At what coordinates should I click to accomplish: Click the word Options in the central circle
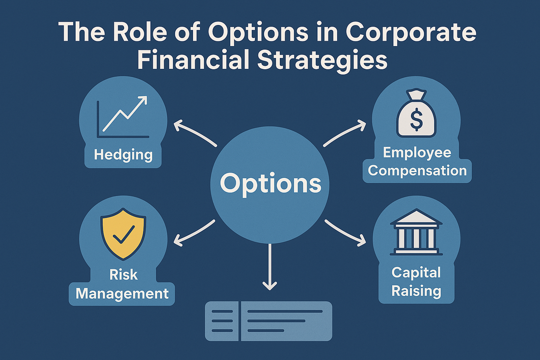(270, 184)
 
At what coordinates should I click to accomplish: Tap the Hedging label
(123, 155)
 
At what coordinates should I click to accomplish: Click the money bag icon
(416, 113)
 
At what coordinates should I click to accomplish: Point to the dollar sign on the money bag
(416, 119)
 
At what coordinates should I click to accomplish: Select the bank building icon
(416, 232)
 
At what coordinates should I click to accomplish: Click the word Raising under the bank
(416, 291)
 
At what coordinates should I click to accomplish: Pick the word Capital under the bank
(416, 273)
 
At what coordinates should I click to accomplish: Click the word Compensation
(417, 171)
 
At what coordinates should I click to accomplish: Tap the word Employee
(417, 153)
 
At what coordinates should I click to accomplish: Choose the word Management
(122, 294)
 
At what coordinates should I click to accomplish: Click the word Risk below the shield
(123, 275)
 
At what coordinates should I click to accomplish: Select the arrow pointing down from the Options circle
(270, 267)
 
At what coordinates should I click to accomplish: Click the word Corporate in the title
(411, 32)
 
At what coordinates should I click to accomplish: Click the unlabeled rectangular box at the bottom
(269, 321)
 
